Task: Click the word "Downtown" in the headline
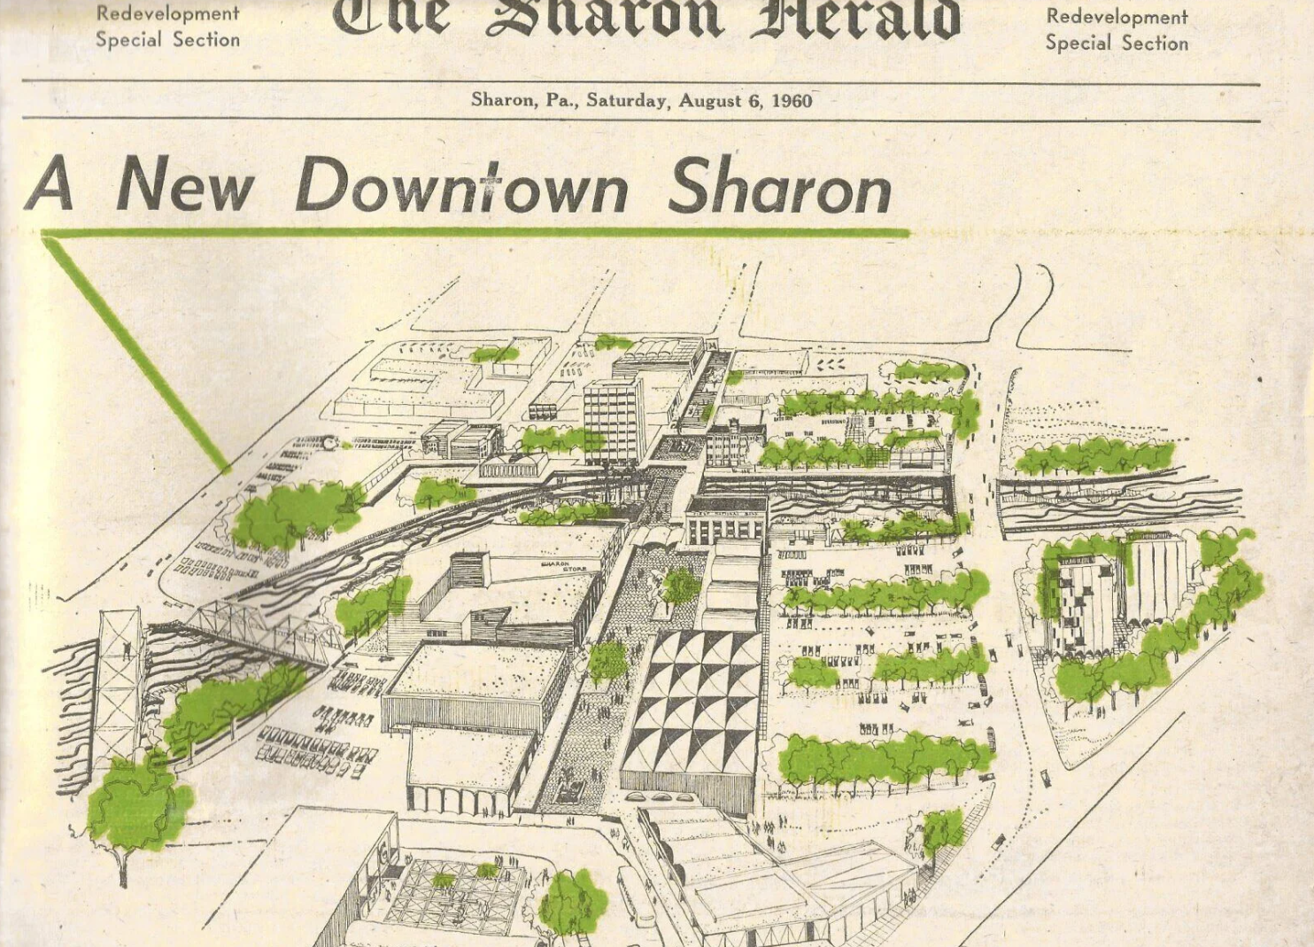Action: pyautogui.click(x=461, y=186)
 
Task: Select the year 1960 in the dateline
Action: pyautogui.click(x=791, y=100)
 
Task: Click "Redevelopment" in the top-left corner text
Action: pyautogui.click(x=167, y=13)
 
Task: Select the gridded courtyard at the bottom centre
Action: pyautogui.click(x=452, y=895)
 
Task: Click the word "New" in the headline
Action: pyautogui.click(x=185, y=186)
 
